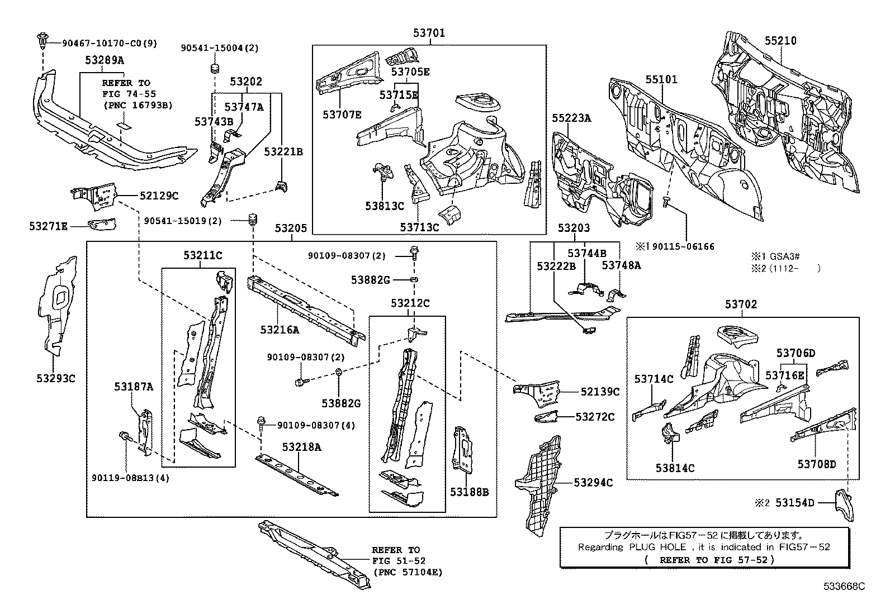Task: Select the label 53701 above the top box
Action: point(429,34)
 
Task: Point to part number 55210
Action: point(780,41)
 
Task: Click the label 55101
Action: point(661,79)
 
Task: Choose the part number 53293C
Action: point(55,378)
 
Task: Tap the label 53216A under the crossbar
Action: point(279,330)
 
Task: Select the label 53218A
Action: point(301,447)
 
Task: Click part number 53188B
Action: point(470,492)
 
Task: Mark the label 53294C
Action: point(593,483)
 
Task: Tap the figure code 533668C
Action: point(844,587)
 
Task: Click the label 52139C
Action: point(600,392)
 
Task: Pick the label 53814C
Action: point(675,468)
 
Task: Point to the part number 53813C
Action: point(384,206)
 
